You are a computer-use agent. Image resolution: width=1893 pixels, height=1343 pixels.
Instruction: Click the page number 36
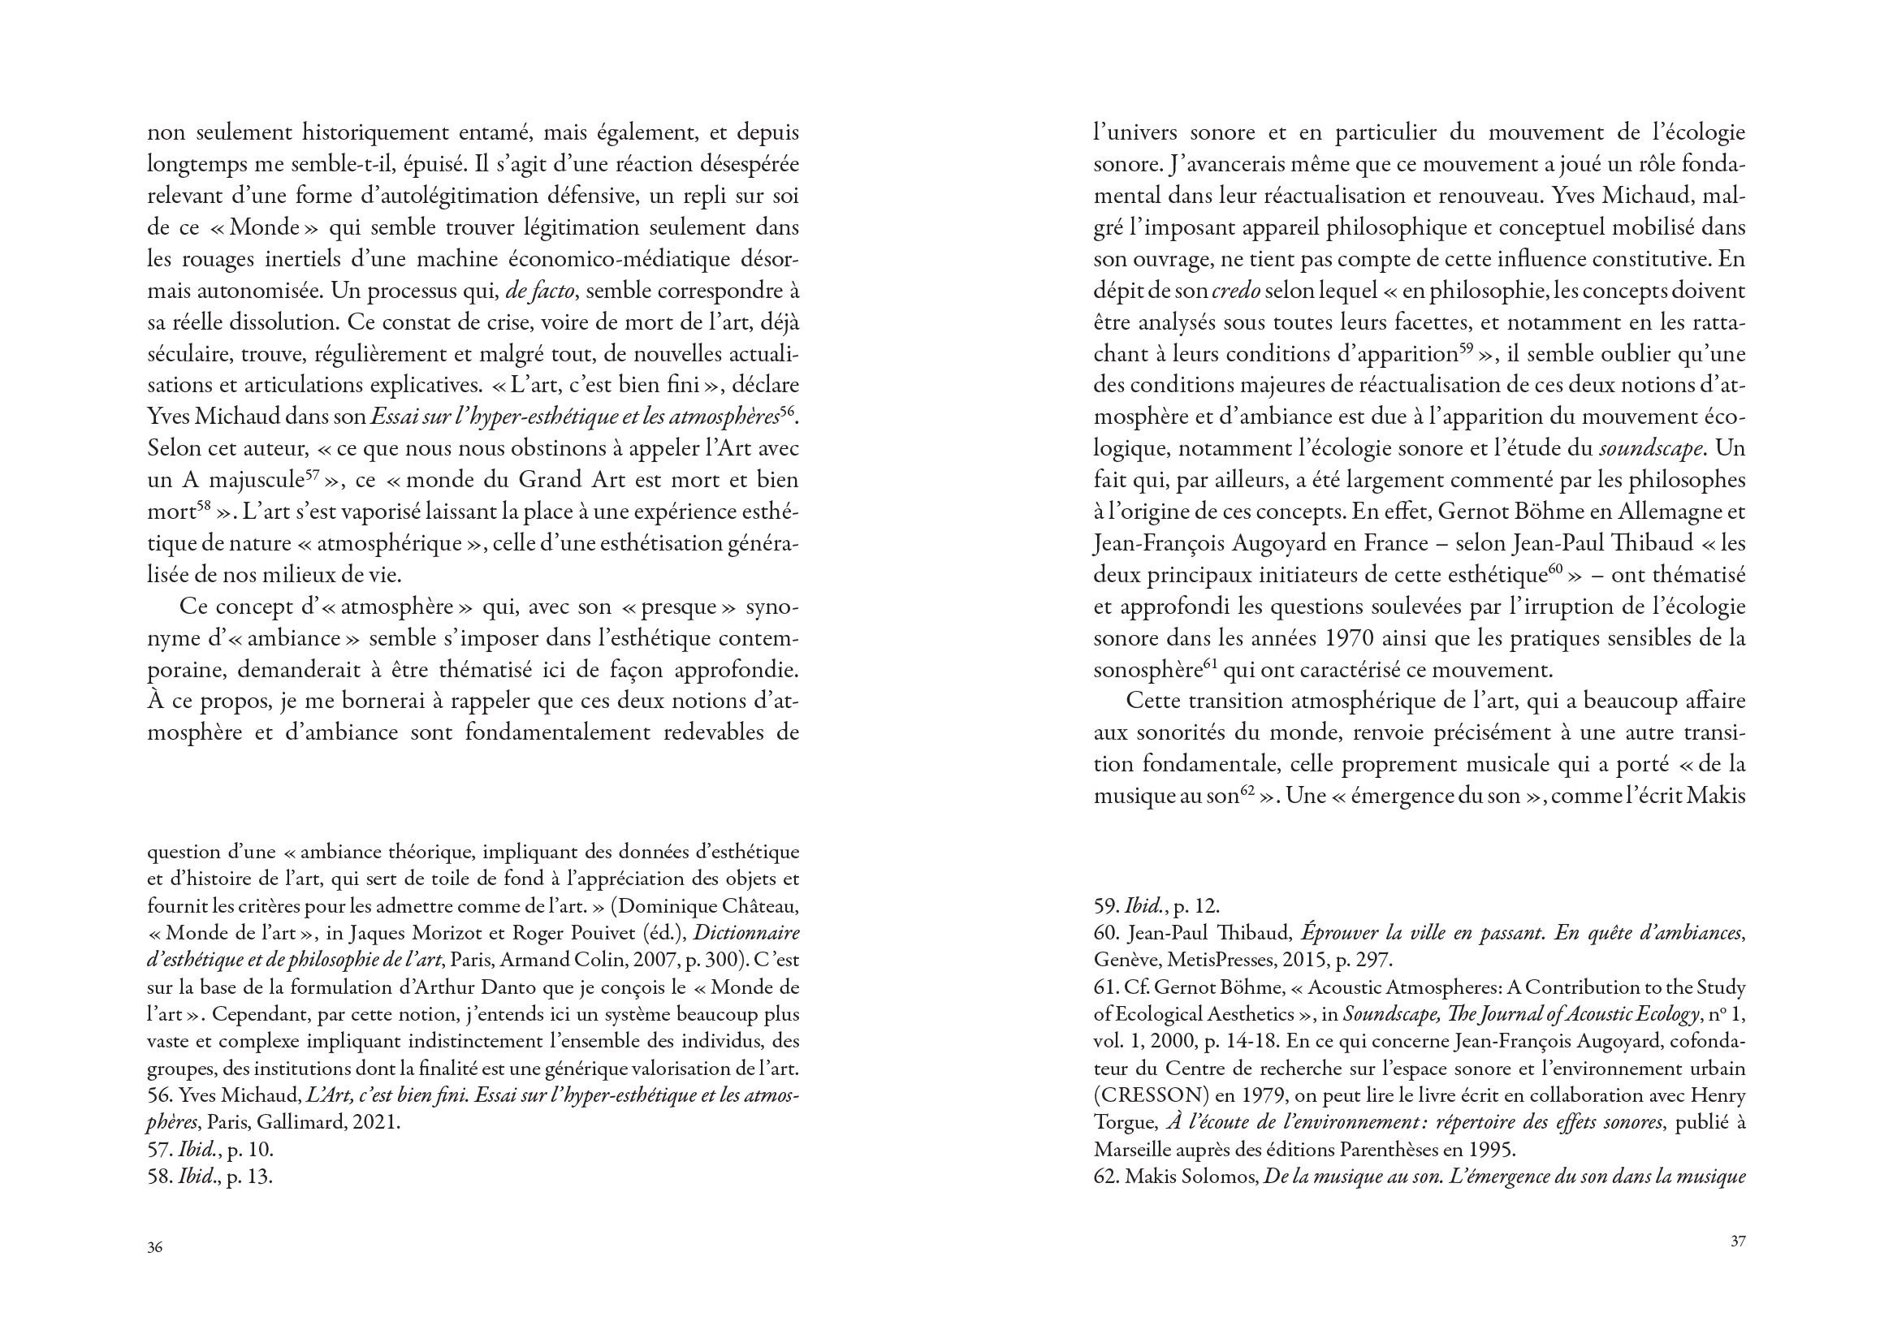(154, 1247)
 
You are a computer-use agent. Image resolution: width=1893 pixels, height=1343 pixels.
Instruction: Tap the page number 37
(1738, 1241)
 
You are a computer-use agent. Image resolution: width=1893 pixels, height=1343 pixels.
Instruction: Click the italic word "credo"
(1234, 291)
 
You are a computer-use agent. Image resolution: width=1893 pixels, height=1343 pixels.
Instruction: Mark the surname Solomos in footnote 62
(1216, 1176)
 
